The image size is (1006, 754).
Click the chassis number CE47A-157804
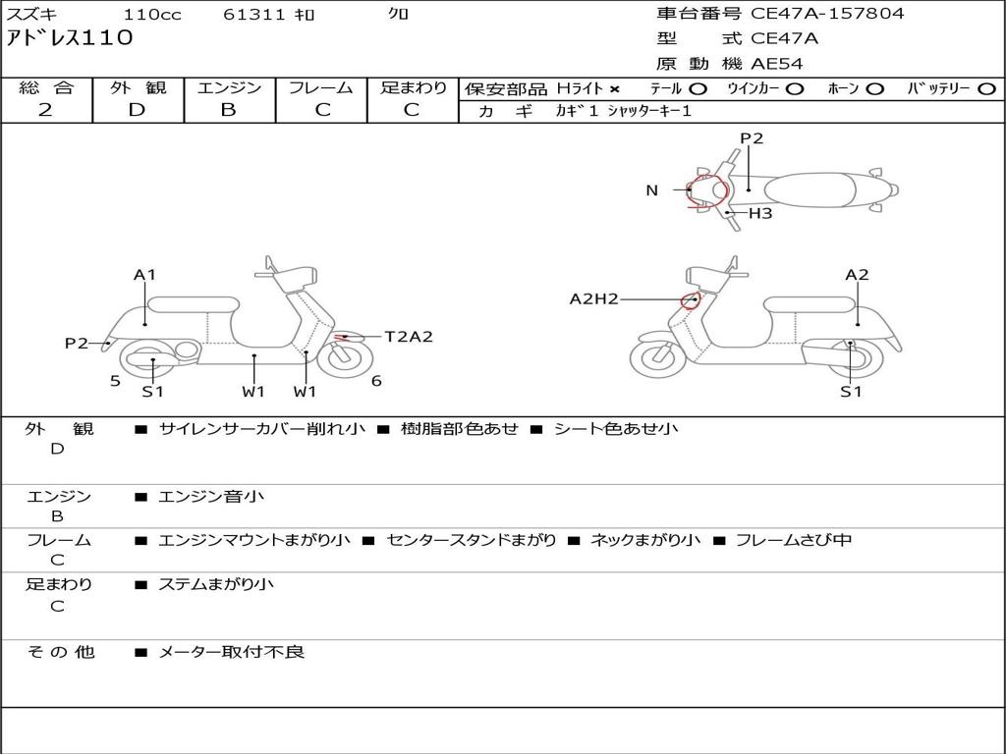(827, 14)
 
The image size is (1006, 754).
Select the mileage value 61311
(254, 15)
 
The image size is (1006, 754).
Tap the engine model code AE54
(777, 64)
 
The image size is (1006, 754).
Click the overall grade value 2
(46, 110)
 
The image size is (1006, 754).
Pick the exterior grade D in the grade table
(138, 110)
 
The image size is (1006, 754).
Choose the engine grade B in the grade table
(229, 110)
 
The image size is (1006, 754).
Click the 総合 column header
(46, 88)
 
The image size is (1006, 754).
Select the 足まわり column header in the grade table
(413, 88)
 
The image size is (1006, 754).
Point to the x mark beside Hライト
(615, 89)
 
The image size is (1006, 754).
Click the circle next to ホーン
(875, 89)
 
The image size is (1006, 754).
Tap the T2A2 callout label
(408, 337)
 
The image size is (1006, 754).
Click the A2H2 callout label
(593, 299)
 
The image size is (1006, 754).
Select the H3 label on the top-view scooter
(760, 213)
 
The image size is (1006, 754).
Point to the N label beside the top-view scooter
(651, 190)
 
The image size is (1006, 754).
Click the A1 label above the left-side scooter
(145, 275)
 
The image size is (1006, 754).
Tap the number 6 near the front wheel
(376, 381)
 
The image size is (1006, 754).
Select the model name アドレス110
(69, 39)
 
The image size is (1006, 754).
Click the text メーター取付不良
(232, 652)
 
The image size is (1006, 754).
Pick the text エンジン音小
(211, 497)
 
